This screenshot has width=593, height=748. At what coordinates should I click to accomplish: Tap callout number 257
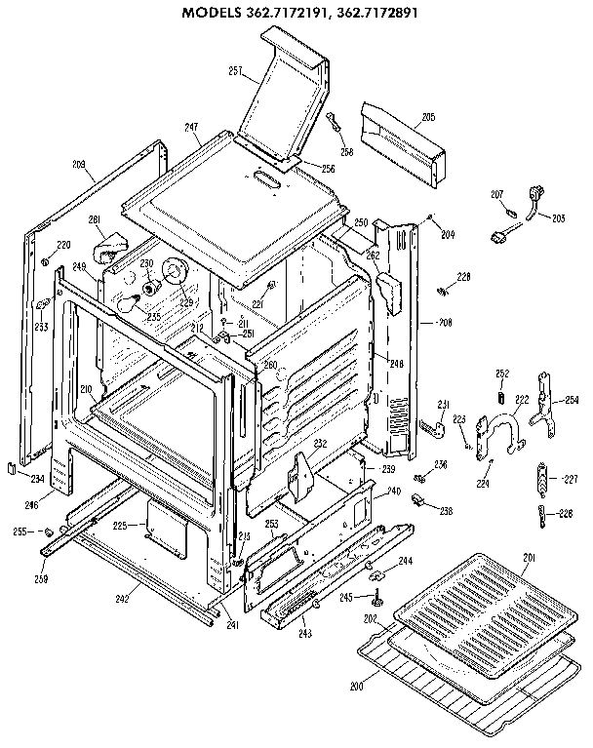tap(235, 70)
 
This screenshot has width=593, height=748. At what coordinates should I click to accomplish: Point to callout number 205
tap(427, 117)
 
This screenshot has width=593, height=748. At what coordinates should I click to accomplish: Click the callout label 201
tap(529, 557)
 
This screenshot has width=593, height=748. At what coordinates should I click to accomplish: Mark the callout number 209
tap(79, 164)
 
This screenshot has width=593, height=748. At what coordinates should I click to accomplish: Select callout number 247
tap(190, 128)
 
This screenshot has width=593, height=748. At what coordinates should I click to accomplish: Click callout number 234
tap(37, 479)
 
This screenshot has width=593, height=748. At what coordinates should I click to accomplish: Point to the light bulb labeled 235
tap(130, 305)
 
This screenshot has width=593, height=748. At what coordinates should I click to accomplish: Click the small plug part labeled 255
tap(45, 531)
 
